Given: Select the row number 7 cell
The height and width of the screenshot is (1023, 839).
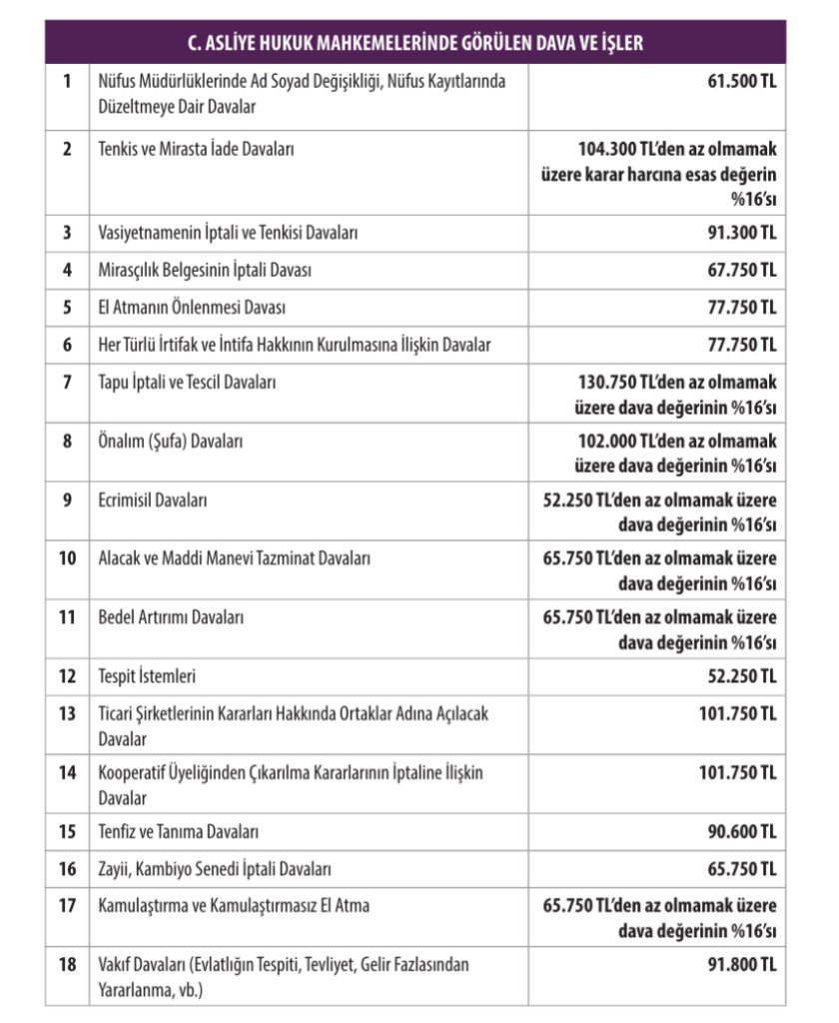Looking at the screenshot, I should pyautogui.click(x=67, y=382).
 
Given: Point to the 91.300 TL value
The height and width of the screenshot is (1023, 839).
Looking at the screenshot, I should pyautogui.click(x=741, y=233).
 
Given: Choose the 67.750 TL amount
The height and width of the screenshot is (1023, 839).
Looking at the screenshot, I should pyautogui.click(x=741, y=270).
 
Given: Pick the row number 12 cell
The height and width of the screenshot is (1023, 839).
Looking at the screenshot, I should pyautogui.click(x=67, y=677).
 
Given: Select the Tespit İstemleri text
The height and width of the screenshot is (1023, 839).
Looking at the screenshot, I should pyautogui.click(x=147, y=677).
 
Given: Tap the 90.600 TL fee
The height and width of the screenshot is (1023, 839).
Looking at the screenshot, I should pyautogui.click(x=741, y=831).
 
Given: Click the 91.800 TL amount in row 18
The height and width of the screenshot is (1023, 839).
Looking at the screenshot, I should pyautogui.click(x=741, y=964).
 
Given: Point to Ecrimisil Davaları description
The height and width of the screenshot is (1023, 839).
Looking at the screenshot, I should pyautogui.click(x=153, y=500).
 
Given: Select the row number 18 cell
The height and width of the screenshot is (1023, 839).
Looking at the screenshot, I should pyautogui.click(x=67, y=965).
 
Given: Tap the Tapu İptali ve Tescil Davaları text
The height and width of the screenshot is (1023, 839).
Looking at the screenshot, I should pyautogui.click(x=188, y=382).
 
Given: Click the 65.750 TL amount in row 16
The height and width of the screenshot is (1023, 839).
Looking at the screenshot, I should pyautogui.click(x=741, y=869).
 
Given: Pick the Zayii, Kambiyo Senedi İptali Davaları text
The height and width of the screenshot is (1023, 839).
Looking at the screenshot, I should pyautogui.click(x=215, y=869).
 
